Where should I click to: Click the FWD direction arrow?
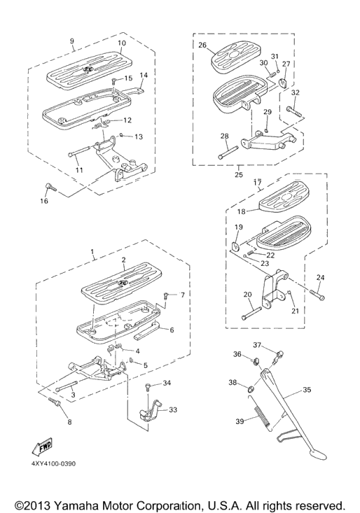(42, 447)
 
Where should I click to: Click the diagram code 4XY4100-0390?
(54, 463)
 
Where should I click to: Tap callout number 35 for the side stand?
(307, 390)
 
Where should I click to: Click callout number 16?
(44, 201)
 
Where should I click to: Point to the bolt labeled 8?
(54, 402)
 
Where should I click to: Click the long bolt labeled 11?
(79, 153)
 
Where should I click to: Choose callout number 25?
(239, 174)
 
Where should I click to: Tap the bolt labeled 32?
(294, 111)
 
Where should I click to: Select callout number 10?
(122, 43)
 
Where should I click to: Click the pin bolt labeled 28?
(228, 152)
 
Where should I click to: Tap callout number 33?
(173, 409)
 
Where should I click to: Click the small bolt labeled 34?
(147, 388)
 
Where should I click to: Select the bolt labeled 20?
(251, 312)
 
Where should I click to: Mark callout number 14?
(144, 75)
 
